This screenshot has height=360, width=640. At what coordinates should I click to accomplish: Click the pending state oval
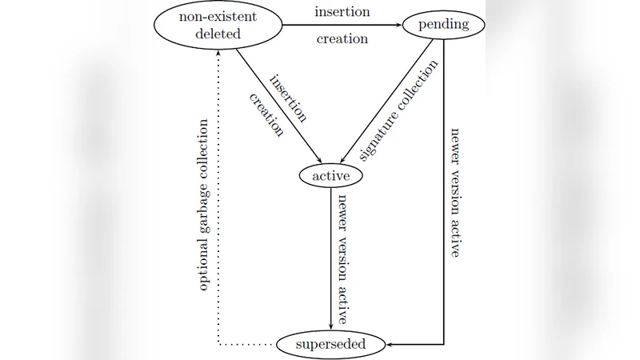tap(442, 26)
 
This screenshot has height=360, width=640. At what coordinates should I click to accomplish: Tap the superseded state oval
tap(330, 345)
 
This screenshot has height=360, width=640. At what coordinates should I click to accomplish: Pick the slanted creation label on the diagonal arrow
tap(267, 115)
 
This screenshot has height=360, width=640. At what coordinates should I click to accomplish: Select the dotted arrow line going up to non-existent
tap(219, 200)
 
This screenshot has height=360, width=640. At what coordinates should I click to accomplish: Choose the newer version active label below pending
tap(454, 192)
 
